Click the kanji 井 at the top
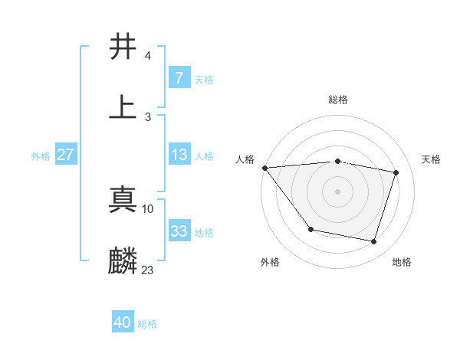coord(123,47)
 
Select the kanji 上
coord(123,106)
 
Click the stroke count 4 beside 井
coord(147,57)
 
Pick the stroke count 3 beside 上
coord(147,116)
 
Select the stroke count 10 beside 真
coord(148,208)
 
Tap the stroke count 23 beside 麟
coord(148,270)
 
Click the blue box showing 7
coord(179,77)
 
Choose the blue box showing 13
coord(179,155)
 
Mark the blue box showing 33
coord(179,231)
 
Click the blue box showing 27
coord(65,155)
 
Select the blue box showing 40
coord(122,322)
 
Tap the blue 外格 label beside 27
coord(41,155)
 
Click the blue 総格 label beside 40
coord(147,324)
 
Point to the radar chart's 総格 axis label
coord(337,100)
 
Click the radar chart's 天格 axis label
coord(432,159)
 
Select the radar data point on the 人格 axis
coord(264,168)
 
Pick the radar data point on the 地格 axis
coord(373,241)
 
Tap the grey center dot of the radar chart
coord(337,191)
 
